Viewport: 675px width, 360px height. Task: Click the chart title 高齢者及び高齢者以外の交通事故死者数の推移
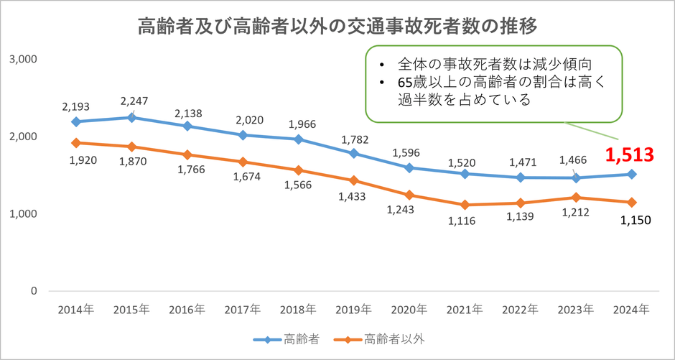coord(337,27)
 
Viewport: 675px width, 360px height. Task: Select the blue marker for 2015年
coord(132,117)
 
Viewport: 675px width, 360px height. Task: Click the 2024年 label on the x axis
coord(633,310)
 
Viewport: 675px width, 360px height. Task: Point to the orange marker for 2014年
coord(75,142)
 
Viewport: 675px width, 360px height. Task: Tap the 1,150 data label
coord(633,220)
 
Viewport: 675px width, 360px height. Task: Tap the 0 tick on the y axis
coord(32,292)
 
